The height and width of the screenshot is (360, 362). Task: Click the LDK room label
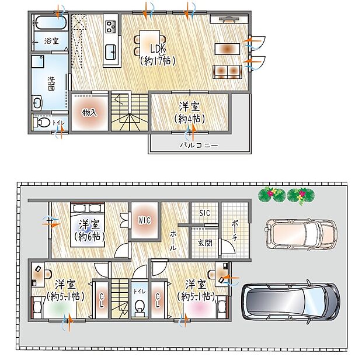point(156,53)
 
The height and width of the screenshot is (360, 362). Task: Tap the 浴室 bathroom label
point(51,40)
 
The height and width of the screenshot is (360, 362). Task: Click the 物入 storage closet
point(89,112)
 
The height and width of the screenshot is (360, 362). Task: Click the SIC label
point(205,213)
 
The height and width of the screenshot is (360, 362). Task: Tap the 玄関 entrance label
point(204,242)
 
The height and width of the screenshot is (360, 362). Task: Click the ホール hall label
point(173,239)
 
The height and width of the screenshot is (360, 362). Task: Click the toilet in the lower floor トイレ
point(139,307)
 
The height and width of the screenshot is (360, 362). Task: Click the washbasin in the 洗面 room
point(37,103)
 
